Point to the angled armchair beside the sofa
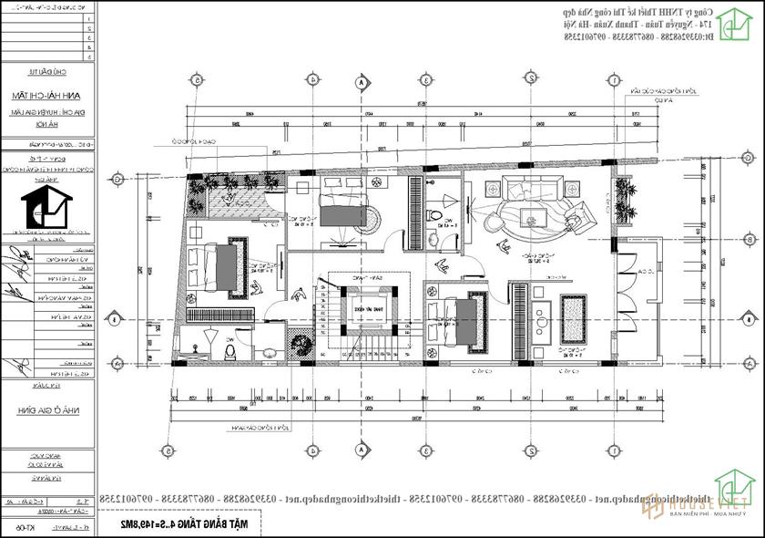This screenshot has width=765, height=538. coord(580,219)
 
